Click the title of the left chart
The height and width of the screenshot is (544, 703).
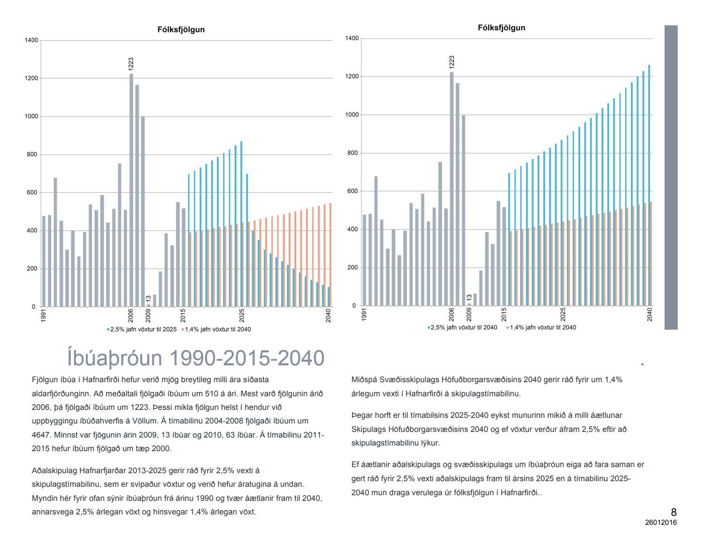(181, 30)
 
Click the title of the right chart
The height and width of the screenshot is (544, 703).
(501, 28)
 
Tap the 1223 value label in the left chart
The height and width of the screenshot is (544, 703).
(131, 64)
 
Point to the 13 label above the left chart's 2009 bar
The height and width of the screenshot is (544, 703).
(148, 299)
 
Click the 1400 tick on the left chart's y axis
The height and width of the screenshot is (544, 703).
(31, 40)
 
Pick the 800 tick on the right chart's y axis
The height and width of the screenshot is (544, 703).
(352, 153)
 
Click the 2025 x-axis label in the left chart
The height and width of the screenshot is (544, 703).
(242, 315)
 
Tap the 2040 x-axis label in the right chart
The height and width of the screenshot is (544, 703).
(650, 314)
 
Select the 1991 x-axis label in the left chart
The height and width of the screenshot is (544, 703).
(44, 314)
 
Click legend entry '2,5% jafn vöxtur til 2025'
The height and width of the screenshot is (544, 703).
(143, 329)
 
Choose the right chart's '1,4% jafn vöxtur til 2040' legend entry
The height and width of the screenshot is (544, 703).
(543, 327)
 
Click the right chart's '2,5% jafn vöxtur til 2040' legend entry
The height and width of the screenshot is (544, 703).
(464, 327)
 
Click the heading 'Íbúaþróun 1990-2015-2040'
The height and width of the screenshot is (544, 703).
(195, 358)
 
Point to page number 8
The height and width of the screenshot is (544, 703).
(673, 512)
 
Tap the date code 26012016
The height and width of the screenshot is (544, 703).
(661, 522)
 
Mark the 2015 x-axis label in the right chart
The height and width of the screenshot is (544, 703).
(504, 314)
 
